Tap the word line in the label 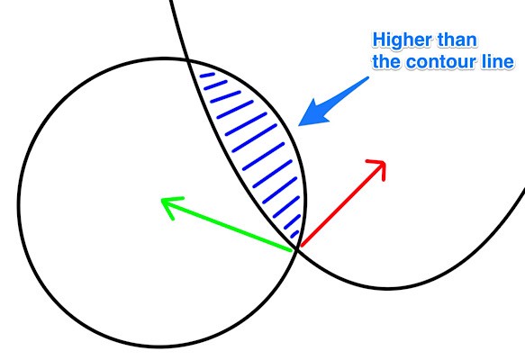point(500,61)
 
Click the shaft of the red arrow point(341,204)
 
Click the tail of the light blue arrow point(367,78)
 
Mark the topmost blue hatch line point(207,76)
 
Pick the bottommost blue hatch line point(294,234)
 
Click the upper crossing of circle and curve point(188,60)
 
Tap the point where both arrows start point(296,249)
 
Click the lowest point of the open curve point(388,287)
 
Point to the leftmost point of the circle point(19,202)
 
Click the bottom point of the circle point(160,346)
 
